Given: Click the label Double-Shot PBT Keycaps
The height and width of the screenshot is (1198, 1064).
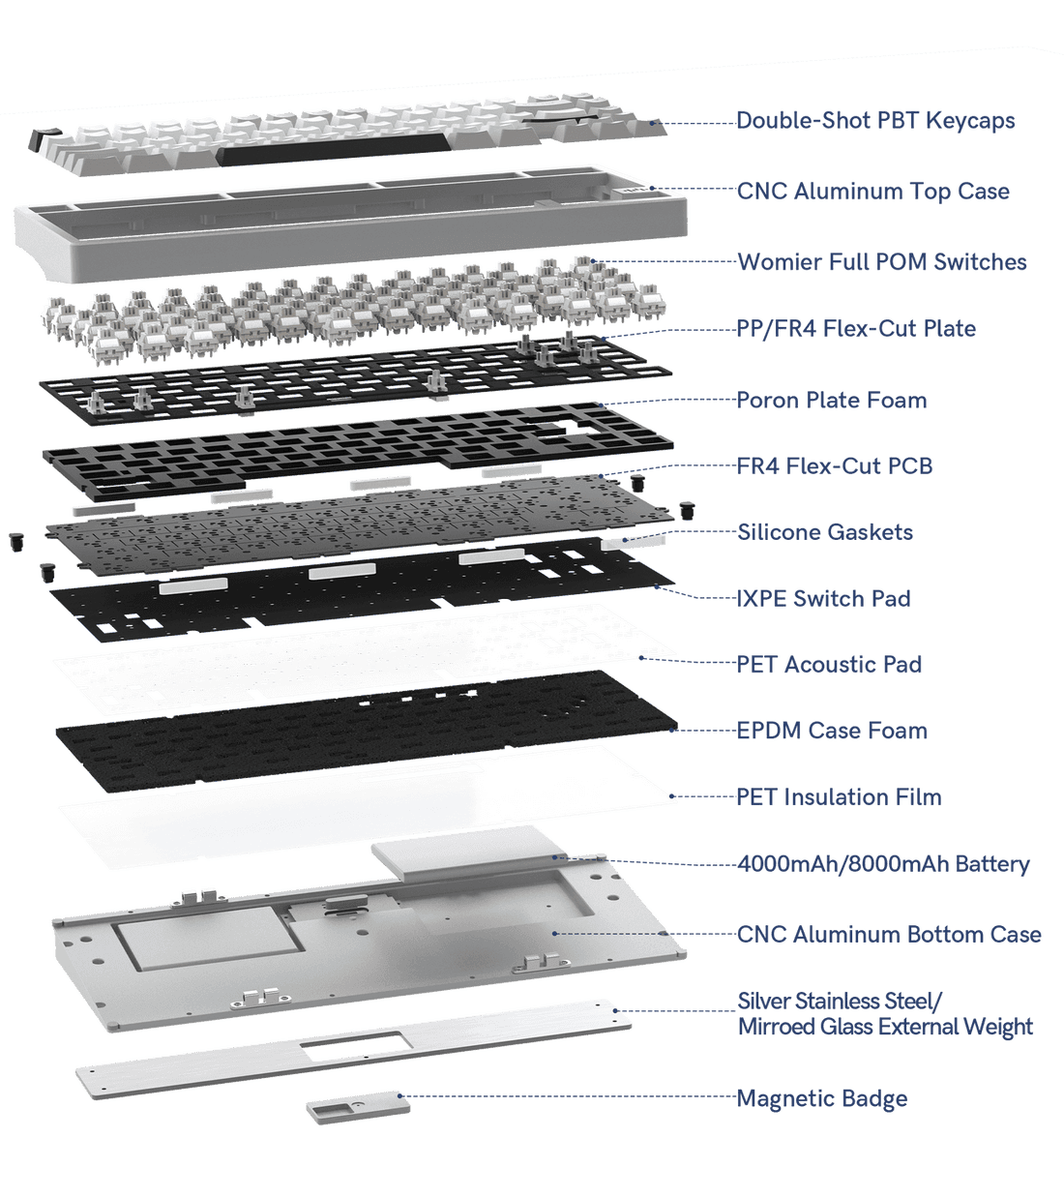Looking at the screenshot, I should click(x=875, y=121).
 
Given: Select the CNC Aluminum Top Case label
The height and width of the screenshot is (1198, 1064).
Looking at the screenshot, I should click(x=872, y=192).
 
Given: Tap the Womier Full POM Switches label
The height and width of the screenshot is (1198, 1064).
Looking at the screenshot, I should click(x=881, y=262).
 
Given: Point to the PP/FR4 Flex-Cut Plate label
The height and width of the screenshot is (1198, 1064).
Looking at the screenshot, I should click(x=856, y=329).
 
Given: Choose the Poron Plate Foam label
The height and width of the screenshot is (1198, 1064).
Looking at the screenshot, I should click(x=831, y=400).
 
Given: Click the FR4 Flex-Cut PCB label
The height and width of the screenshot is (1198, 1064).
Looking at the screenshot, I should click(x=835, y=466).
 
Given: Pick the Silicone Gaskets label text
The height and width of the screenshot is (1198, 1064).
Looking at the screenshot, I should click(x=824, y=532).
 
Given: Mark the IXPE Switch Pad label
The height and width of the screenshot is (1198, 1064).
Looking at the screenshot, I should click(x=823, y=599).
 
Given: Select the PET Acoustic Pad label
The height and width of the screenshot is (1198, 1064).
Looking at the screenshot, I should click(x=829, y=665).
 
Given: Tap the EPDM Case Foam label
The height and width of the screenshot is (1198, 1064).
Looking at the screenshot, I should click(x=832, y=731).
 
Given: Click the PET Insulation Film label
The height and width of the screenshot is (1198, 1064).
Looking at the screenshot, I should click(x=839, y=797).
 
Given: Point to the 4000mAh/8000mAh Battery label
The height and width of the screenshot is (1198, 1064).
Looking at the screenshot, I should click(x=882, y=864).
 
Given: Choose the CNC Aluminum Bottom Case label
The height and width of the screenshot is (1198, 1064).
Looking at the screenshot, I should click(x=889, y=935).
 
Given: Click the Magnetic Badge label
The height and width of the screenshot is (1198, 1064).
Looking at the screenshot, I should click(x=822, y=1099).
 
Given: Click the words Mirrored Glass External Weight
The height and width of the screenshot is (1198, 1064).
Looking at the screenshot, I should click(x=884, y=1027).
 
